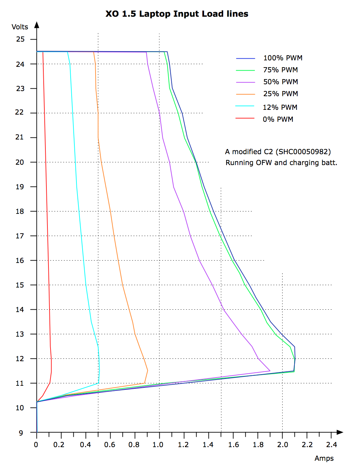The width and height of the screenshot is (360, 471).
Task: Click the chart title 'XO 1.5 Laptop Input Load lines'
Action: coord(177,14)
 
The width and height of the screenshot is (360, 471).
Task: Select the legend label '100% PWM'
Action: coord(283,58)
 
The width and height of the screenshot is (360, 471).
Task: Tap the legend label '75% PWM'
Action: coord(280,70)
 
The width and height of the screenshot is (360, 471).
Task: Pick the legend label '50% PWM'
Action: coord(280,82)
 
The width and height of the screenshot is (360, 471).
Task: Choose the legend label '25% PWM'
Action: coord(280,94)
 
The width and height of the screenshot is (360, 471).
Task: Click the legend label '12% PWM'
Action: coord(280,107)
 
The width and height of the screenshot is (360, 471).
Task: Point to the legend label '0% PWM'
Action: coord(278,119)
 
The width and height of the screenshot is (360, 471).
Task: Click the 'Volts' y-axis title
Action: coord(20,27)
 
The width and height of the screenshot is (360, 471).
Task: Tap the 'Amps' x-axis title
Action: coord(324,458)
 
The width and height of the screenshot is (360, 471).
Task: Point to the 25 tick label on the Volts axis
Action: coord(20,39)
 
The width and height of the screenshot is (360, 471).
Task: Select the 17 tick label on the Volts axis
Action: coord(20,236)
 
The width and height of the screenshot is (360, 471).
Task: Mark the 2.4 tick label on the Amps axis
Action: coord(331,445)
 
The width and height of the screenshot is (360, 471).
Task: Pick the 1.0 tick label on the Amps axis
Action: coord(158,445)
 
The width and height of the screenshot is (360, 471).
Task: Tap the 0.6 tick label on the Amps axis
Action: coord(110,445)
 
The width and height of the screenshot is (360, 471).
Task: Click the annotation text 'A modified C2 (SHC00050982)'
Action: coord(278,152)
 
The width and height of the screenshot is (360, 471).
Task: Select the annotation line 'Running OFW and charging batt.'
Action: coord(281,163)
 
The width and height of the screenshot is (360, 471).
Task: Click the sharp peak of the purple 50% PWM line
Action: coord(270,371)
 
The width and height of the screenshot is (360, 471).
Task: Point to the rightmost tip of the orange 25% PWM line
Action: coord(148,370)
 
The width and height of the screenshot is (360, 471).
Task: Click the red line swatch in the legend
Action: coord(245,118)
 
